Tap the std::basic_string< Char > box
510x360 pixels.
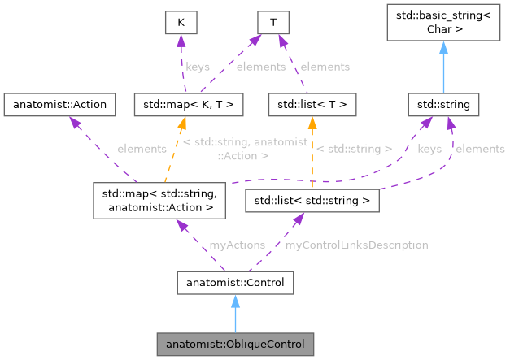point(443,25)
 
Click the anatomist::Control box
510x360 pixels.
point(235,283)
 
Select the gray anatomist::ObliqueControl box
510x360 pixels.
point(235,345)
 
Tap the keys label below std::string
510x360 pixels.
point(429,150)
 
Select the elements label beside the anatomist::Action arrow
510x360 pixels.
point(142,150)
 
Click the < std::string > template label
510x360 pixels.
point(354,150)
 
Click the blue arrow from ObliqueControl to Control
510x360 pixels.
point(235,314)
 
